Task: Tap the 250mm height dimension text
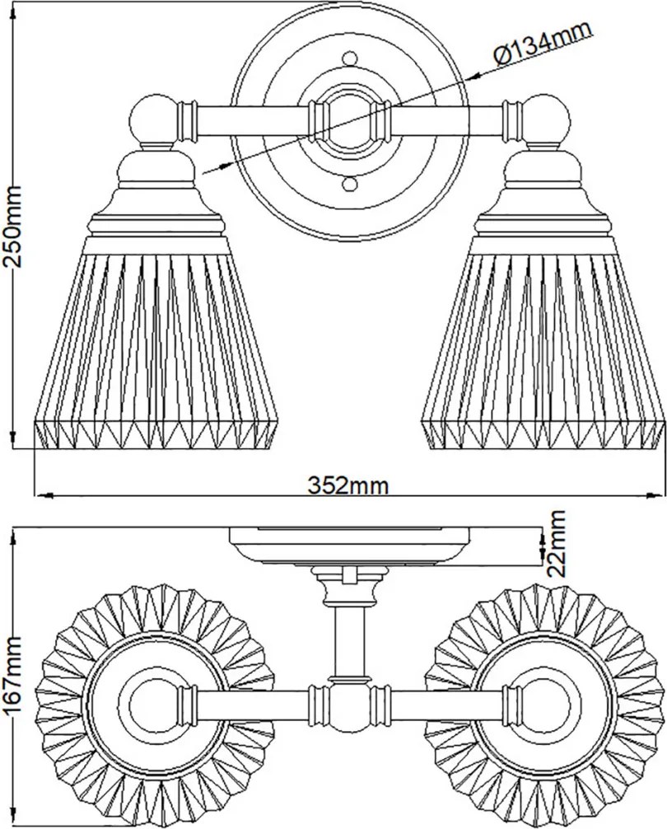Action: [12, 227]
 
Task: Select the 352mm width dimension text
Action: [348, 485]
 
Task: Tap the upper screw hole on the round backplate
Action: [349, 59]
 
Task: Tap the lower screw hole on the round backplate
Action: [349, 185]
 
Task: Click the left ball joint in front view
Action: [153, 119]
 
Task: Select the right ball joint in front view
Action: [547, 119]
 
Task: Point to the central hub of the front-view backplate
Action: [349, 121]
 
